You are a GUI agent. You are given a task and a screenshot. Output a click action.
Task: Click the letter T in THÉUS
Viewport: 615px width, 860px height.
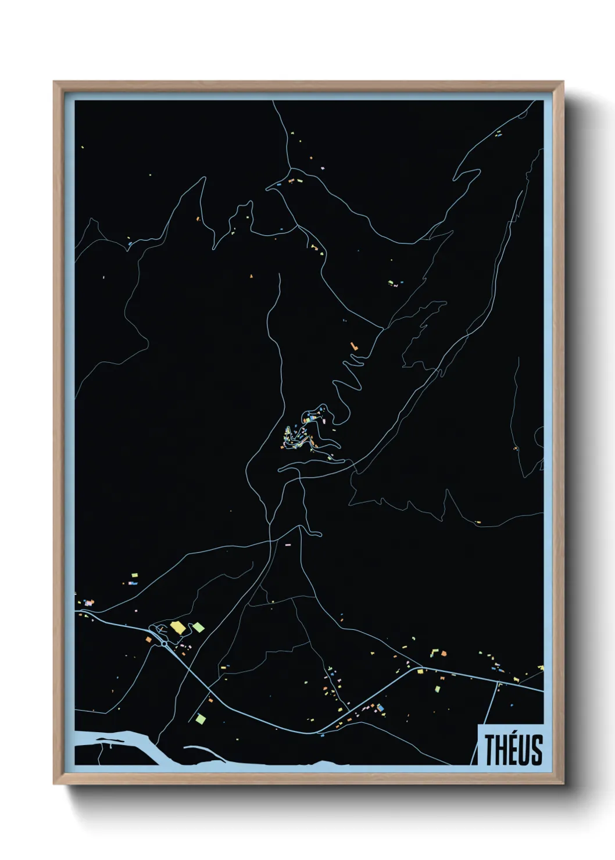(x=489, y=750)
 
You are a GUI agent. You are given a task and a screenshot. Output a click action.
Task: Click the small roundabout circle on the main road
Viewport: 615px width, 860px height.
(x=164, y=644)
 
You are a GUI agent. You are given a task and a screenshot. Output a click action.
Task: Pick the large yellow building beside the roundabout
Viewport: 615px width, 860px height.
(x=177, y=627)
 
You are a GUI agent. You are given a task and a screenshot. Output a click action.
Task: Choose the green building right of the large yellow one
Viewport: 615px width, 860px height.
(x=198, y=627)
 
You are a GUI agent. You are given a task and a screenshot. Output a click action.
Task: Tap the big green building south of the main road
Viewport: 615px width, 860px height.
(x=201, y=719)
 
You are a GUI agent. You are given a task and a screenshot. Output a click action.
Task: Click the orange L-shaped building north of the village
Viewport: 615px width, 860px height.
(x=353, y=346)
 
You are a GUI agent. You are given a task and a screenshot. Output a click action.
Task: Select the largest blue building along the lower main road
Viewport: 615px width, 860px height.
(x=380, y=708)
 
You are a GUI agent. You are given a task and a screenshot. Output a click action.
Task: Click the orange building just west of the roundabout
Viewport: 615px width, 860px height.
(x=148, y=639)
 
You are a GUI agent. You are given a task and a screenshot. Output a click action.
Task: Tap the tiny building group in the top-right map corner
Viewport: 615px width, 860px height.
(x=498, y=133)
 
